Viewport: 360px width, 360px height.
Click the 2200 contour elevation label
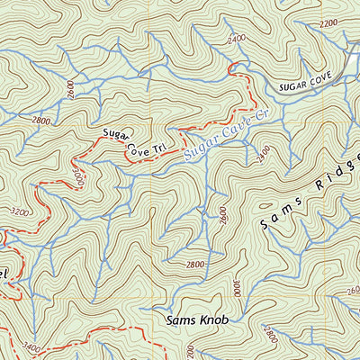tap(328, 22)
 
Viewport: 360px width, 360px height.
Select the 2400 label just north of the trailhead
tap(237, 40)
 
